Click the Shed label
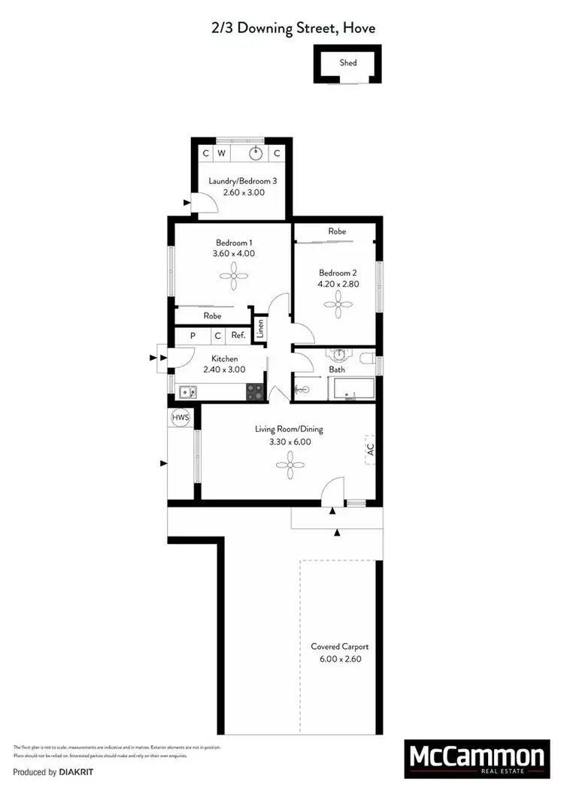347,63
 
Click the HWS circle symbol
180,418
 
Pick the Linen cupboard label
260,329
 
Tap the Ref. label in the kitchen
238,337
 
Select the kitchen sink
188,391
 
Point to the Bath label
337,370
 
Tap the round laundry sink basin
257,153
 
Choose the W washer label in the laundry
221,153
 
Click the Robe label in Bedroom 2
337,231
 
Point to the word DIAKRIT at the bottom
77,772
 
